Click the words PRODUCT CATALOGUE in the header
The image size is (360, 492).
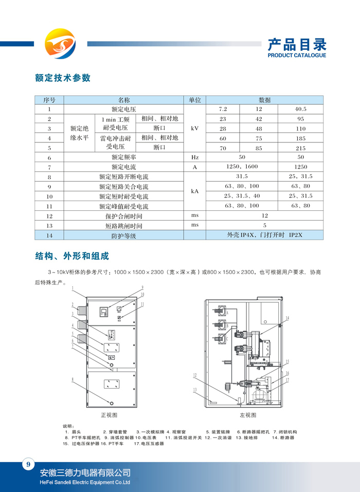[297, 56]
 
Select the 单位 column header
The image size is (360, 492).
[195, 100]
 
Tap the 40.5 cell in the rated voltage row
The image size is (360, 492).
[300, 110]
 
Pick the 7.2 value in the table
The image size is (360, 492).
[223, 110]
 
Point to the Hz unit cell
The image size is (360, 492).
[195, 158]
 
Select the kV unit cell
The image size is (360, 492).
[195, 129]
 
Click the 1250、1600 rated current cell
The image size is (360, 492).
[242, 167]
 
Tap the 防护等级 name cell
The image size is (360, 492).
[124, 235]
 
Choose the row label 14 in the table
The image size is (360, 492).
[49, 235]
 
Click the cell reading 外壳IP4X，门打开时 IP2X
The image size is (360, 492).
[264, 235]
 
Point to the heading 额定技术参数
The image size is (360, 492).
[63, 78]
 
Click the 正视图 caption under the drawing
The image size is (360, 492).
[109, 415]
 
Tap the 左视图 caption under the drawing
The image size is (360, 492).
[248, 415]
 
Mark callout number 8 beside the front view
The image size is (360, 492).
[73, 380]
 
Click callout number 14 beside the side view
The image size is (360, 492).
[288, 318]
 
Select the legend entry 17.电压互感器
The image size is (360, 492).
[149, 444]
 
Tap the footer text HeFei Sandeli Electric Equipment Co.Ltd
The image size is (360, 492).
[85, 483]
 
